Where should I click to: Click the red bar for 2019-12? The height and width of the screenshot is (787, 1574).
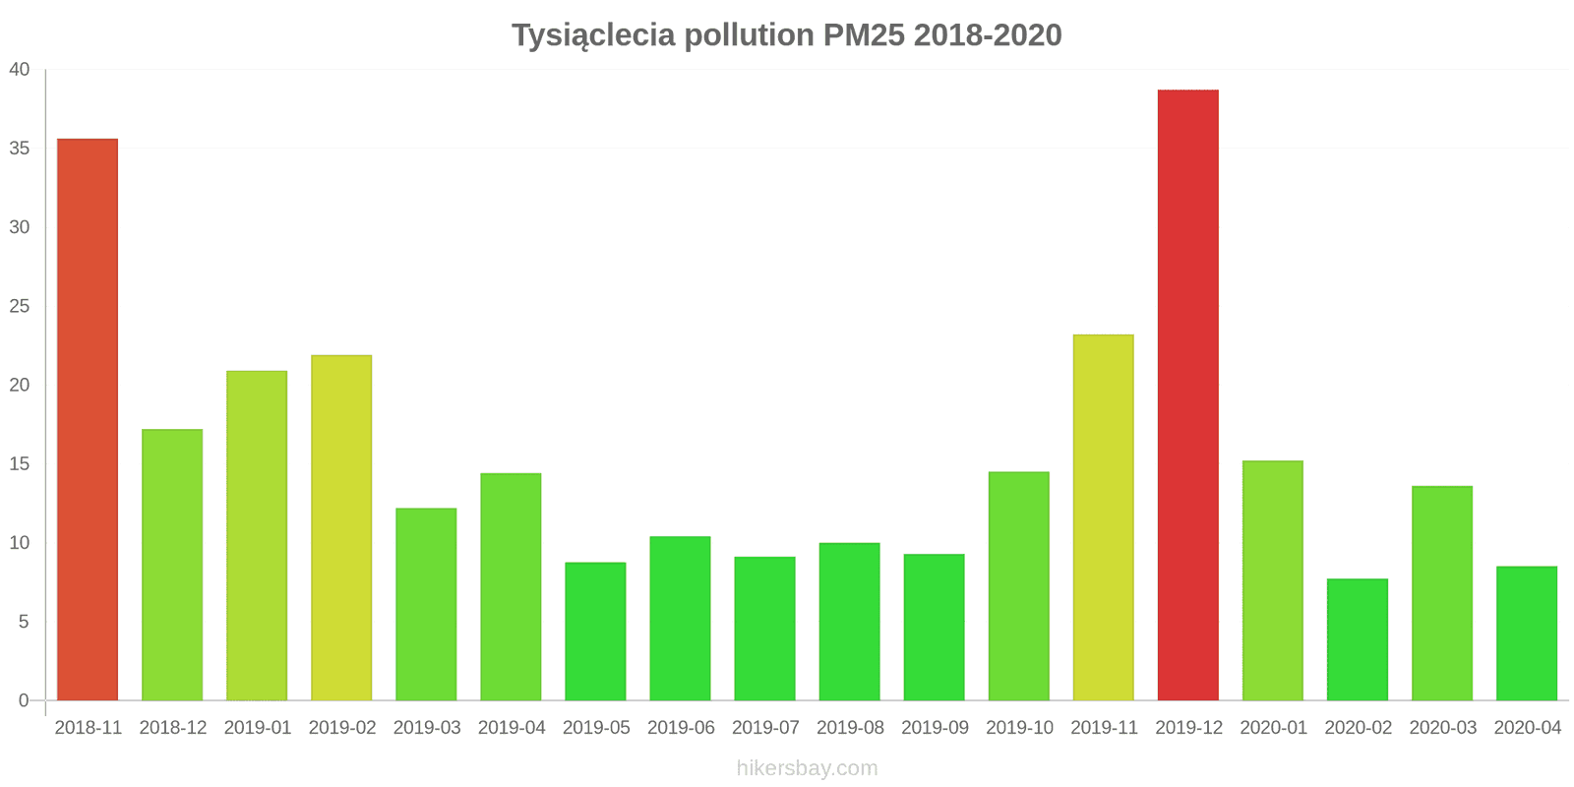click(1187, 394)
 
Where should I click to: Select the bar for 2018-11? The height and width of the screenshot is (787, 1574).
click(88, 419)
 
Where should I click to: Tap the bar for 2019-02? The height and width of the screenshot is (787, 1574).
click(341, 527)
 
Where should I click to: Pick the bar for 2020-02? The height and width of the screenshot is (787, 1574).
click(1357, 639)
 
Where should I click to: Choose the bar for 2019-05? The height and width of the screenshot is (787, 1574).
click(595, 631)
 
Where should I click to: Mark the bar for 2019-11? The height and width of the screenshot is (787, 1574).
click(1103, 517)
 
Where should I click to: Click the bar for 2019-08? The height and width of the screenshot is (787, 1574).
click(849, 621)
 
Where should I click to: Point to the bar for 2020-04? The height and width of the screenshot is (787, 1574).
click(1526, 633)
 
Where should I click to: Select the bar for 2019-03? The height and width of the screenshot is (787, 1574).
click(426, 604)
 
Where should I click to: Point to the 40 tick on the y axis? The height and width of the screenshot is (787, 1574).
click(20, 70)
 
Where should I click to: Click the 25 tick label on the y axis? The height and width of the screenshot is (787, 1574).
click(20, 306)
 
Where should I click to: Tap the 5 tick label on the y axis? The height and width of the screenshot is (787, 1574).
click(25, 622)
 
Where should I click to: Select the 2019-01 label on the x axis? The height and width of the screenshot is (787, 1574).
click(258, 728)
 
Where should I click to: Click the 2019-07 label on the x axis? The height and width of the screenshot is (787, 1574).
click(765, 728)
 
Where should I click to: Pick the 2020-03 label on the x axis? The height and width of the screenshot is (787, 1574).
click(1442, 728)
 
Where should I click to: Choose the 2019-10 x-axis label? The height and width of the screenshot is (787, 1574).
click(1019, 728)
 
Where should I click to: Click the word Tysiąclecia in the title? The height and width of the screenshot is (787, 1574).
click(593, 36)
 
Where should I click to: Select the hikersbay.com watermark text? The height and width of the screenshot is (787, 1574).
click(807, 768)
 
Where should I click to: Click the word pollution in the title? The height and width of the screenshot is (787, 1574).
click(749, 35)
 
